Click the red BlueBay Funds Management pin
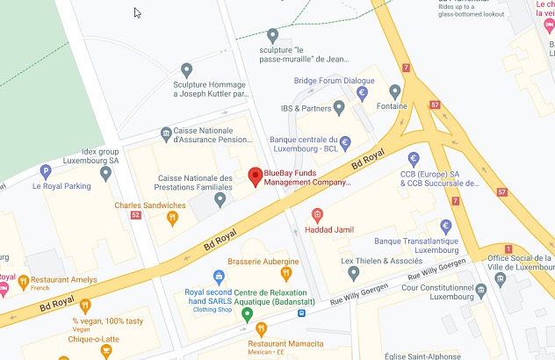click(255, 176)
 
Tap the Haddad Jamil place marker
click(318, 215)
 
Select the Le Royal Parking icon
click(46, 171)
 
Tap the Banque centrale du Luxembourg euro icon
click(345, 142)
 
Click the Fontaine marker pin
click(395, 91)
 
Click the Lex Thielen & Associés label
click(381, 261)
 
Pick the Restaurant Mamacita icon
click(261, 330)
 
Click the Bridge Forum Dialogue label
click(335, 81)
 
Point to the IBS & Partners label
click(312, 109)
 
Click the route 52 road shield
click(135, 214)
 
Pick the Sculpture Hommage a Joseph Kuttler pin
click(185, 69)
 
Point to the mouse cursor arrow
click(137, 12)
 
